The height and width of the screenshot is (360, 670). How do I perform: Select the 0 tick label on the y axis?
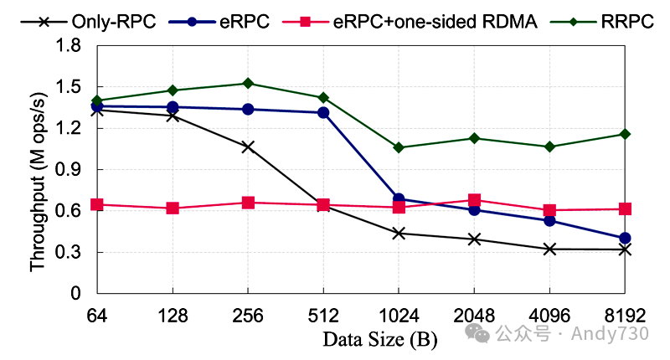pyautogui.click(x=76, y=294)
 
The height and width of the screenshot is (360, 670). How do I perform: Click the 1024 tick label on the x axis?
pyautogui.click(x=399, y=316)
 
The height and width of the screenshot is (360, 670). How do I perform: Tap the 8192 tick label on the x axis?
pyautogui.click(x=625, y=316)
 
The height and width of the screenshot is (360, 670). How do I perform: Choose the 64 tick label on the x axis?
pyautogui.click(x=97, y=316)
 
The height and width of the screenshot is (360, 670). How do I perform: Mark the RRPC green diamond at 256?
pyautogui.click(x=248, y=84)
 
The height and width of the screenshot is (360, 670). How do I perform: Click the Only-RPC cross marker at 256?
pyautogui.click(x=248, y=147)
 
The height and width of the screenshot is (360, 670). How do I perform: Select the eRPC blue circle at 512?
pyautogui.click(x=323, y=113)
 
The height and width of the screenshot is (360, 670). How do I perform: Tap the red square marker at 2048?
pyautogui.click(x=474, y=200)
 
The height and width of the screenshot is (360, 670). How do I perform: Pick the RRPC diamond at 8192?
pyautogui.click(x=625, y=134)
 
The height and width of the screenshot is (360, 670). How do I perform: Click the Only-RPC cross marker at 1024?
pyautogui.click(x=399, y=234)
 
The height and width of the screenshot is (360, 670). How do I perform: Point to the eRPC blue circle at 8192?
pyautogui.click(x=625, y=238)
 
